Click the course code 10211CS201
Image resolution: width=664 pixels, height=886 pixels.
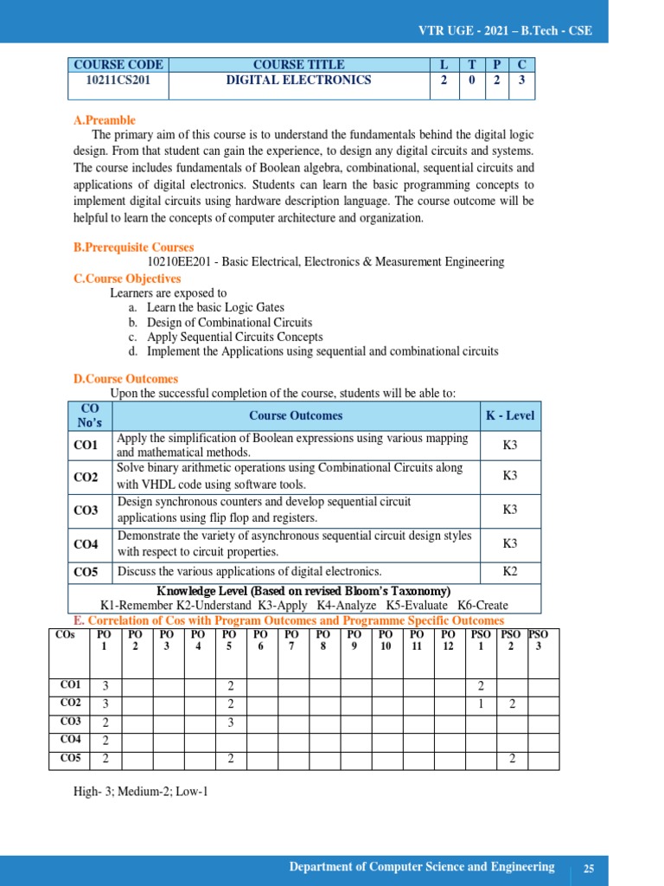[118, 80]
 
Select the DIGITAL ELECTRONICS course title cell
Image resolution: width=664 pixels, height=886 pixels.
[298, 80]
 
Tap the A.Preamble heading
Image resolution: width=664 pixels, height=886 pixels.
[104, 120]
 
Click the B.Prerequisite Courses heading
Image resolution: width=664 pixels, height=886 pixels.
[133, 247]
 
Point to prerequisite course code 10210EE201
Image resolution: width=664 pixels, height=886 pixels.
[181, 261]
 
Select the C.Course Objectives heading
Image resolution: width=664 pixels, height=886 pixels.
[127, 279]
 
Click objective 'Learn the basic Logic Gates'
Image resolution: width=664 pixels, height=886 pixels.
[215, 307]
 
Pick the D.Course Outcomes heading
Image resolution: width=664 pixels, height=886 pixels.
[125, 379]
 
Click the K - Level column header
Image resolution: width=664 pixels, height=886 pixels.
[510, 415]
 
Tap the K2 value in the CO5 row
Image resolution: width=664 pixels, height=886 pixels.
[510, 571]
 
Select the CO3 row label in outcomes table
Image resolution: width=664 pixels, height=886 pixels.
[86, 510]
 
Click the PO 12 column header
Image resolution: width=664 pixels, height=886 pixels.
[448, 640]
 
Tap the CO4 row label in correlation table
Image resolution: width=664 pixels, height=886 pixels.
[71, 740]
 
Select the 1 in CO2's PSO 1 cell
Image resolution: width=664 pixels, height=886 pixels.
[481, 704]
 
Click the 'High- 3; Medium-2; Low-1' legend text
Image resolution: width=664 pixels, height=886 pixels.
[141, 791]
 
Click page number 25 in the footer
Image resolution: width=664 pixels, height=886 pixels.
[589, 869]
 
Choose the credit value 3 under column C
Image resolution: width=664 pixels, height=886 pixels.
[521, 80]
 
